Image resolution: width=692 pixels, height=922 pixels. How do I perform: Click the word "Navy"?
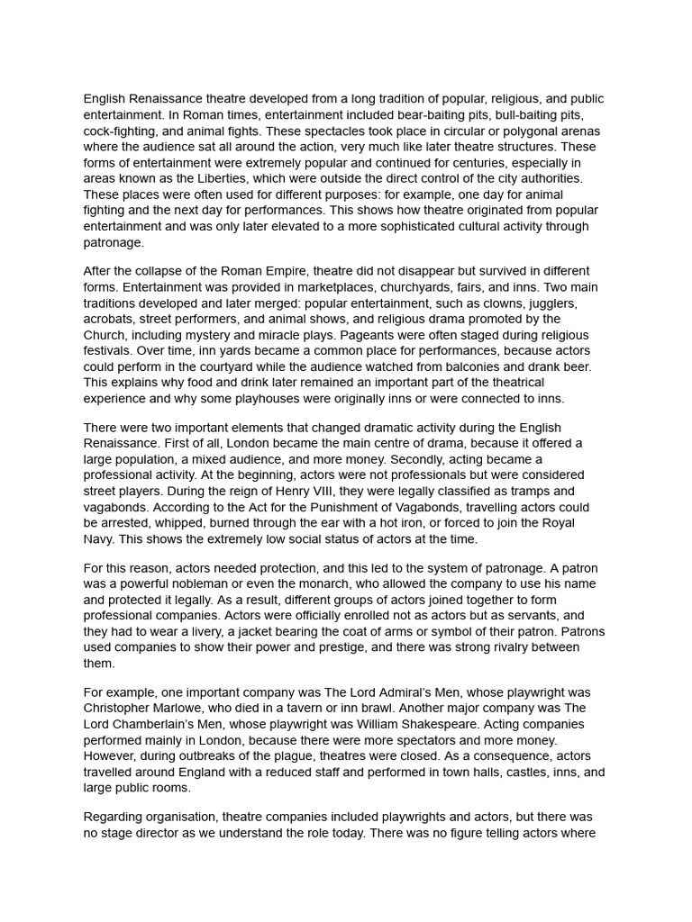click(x=100, y=539)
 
